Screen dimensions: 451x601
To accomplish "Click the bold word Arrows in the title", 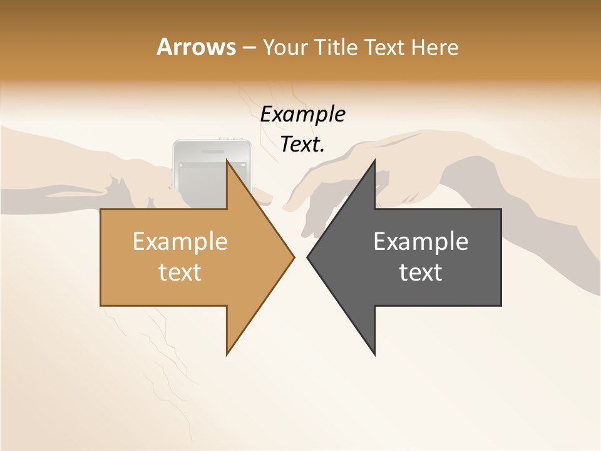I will [x=196, y=47].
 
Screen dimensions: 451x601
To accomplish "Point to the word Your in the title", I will [x=284, y=48].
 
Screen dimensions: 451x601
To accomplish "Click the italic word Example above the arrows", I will [x=302, y=115].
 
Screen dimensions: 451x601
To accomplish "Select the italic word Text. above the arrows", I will [x=302, y=145].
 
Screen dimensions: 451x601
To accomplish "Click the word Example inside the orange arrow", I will [x=180, y=242].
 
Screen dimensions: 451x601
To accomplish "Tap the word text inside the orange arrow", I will [x=180, y=272].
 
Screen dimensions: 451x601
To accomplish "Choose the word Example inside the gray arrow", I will [x=421, y=242].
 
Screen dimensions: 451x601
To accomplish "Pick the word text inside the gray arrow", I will [x=421, y=272].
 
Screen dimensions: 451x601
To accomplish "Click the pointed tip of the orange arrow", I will [x=294, y=257].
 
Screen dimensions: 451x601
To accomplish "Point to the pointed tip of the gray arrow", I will [x=307, y=257].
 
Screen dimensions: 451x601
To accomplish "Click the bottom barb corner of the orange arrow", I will [x=227, y=355].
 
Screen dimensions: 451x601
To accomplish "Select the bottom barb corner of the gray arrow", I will [x=375, y=355].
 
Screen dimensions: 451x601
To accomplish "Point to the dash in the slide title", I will [x=249, y=48].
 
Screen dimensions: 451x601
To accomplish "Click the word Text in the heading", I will [x=384, y=47].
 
